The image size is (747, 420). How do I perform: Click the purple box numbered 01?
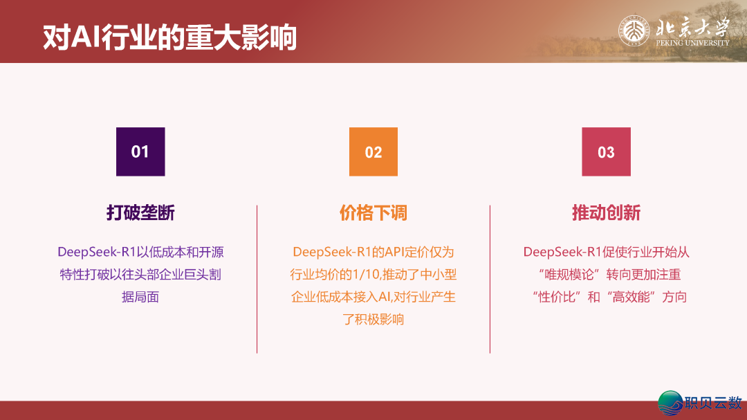(140, 152)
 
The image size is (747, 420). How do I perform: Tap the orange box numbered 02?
(373, 152)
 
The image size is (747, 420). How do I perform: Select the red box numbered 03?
(606, 152)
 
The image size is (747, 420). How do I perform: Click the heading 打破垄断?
(140, 213)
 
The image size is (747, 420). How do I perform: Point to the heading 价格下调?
(373, 213)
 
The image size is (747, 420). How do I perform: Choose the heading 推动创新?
(606, 213)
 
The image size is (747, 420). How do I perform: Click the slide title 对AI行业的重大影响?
(169, 37)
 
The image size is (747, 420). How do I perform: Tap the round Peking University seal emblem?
(634, 33)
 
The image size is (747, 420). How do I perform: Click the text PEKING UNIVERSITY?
(692, 43)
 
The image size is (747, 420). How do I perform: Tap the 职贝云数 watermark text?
(713, 403)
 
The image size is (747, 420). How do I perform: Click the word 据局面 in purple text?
(140, 298)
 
